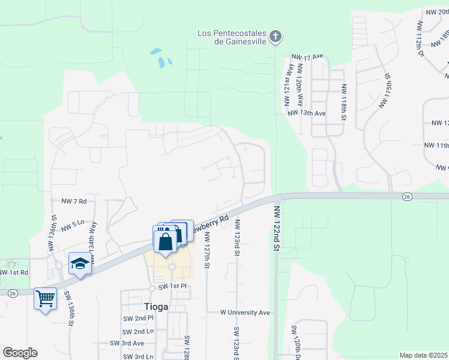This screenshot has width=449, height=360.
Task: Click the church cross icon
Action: tap(276, 37)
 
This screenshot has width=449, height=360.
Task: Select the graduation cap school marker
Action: tap(79, 263)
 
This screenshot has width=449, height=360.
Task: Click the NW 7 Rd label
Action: tap(74, 200)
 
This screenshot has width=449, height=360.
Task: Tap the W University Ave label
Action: tap(245, 313)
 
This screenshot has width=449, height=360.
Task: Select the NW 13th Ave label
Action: tap(306, 113)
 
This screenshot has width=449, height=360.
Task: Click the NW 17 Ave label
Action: tap(309, 56)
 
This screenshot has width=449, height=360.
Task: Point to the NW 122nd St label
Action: tap(277, 229)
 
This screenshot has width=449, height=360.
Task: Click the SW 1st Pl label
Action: tap(173, 287)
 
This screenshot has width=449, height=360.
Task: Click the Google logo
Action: tap(20, 352)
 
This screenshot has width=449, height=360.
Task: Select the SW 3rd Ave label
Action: tap(127, 343)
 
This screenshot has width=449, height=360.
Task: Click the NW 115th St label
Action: tap(384, 92)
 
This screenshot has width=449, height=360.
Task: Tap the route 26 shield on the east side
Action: tap(406, 196)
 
